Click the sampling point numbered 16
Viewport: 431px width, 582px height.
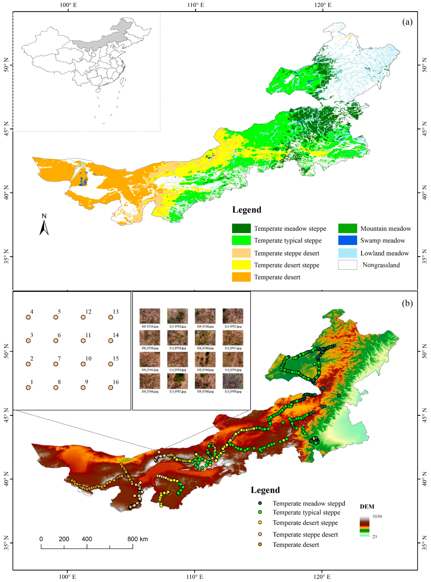click(111, 388)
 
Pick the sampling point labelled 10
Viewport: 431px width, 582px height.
click(83, 364)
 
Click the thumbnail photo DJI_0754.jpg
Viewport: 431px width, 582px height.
click(150, 316)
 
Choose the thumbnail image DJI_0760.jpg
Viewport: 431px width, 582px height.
click(205, 338)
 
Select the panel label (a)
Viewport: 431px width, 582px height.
click(407, 22)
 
